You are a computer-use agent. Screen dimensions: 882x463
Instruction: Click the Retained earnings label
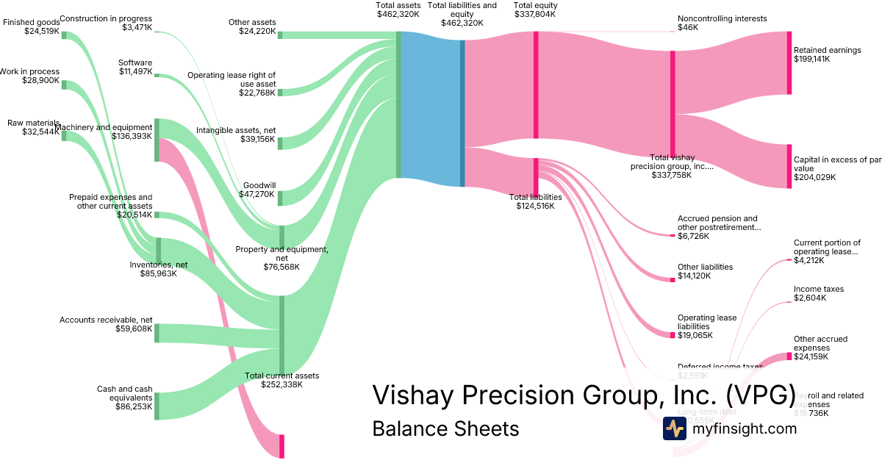[827, 51]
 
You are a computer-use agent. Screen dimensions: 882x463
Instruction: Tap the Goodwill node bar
[280, 193]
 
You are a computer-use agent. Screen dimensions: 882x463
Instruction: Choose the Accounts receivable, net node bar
[157, 333]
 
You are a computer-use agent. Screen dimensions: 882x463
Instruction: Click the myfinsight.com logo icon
[674, 428]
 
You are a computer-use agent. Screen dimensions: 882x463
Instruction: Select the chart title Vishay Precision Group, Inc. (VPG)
[584, 395]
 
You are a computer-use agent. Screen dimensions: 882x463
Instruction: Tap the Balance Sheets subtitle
[445, 428]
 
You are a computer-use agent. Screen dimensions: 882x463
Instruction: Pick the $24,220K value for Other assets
[257, 32]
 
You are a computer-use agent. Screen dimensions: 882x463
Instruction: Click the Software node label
[135, 62]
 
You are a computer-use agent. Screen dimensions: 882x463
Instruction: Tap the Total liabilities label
[535, 197]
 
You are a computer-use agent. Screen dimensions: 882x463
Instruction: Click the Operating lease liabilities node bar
[673, 335]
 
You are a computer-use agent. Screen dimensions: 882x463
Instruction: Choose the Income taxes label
[818, 289]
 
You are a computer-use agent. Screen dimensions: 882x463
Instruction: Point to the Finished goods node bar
[64, 34]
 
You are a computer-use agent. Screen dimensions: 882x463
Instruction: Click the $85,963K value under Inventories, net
[158, 273]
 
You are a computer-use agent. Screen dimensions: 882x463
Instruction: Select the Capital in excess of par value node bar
[789, 166]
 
